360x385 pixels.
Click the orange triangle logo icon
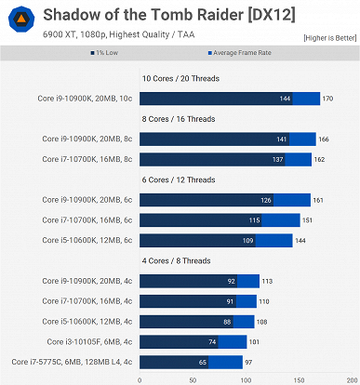(20, 20)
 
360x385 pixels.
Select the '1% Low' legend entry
(160, 54)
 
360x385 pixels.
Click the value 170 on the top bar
(327, 99)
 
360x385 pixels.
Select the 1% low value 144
(286, 99)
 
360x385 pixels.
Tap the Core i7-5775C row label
(72, 361)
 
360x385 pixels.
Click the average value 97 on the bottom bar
(249, 361)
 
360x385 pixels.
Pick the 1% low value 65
(202, 361)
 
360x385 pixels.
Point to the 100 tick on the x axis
(246, 378)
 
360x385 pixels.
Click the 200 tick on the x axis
(350, 378)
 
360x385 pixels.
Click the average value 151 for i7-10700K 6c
(307, 219)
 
